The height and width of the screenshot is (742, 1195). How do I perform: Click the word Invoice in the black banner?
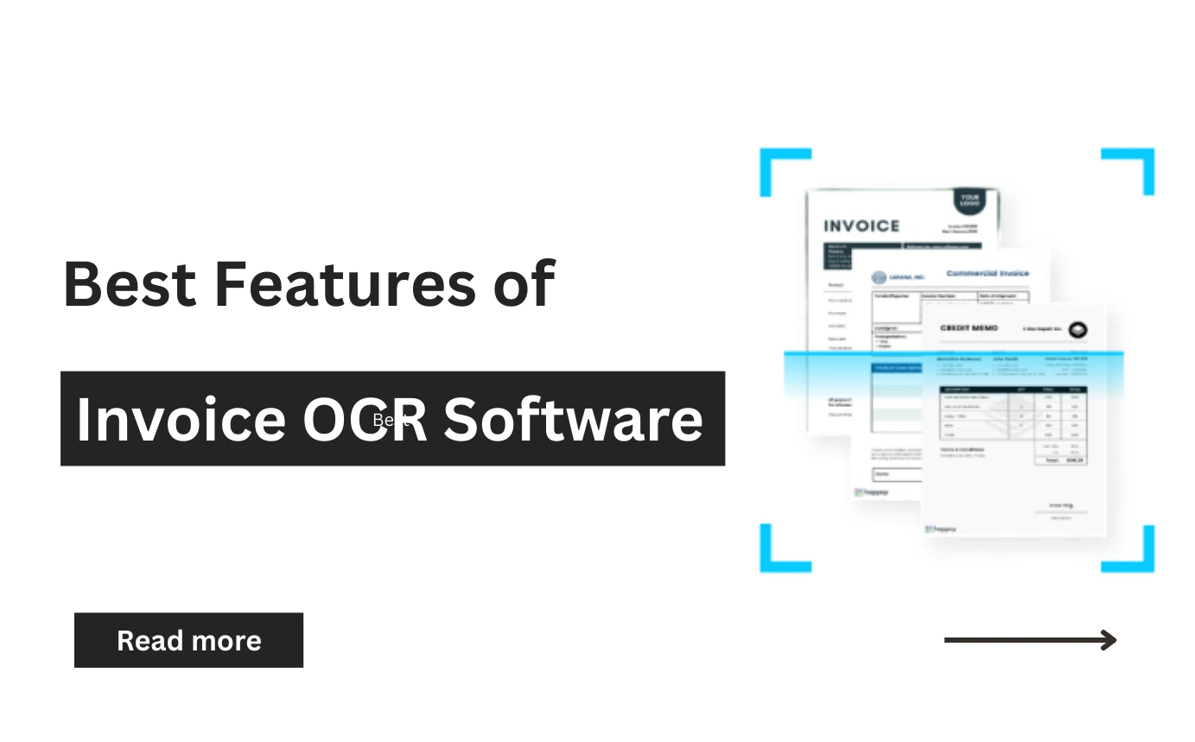(181, 419)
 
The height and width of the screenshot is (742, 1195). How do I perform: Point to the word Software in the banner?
(573, 419)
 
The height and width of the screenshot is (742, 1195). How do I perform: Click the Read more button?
(188, 640)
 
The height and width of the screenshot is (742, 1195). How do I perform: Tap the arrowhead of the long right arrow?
(1109, 640)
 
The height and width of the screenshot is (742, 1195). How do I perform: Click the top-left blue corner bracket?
(778, 164)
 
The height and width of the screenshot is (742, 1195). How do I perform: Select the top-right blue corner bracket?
(1136, 164)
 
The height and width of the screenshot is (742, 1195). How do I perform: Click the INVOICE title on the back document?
(861, 226)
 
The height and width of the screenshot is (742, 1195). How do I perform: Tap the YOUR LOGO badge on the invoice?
(969, 202)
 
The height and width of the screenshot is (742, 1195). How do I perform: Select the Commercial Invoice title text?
(988, 273)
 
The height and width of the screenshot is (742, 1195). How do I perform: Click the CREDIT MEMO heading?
(969, 328)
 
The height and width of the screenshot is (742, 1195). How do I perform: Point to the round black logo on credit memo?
(1077, 329)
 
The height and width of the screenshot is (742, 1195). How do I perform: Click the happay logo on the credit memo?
(941, 529)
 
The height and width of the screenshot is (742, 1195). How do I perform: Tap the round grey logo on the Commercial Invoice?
(879, 277)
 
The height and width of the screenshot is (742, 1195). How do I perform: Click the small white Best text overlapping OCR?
(389, 420)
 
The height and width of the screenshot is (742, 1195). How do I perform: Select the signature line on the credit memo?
(1061, 512)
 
